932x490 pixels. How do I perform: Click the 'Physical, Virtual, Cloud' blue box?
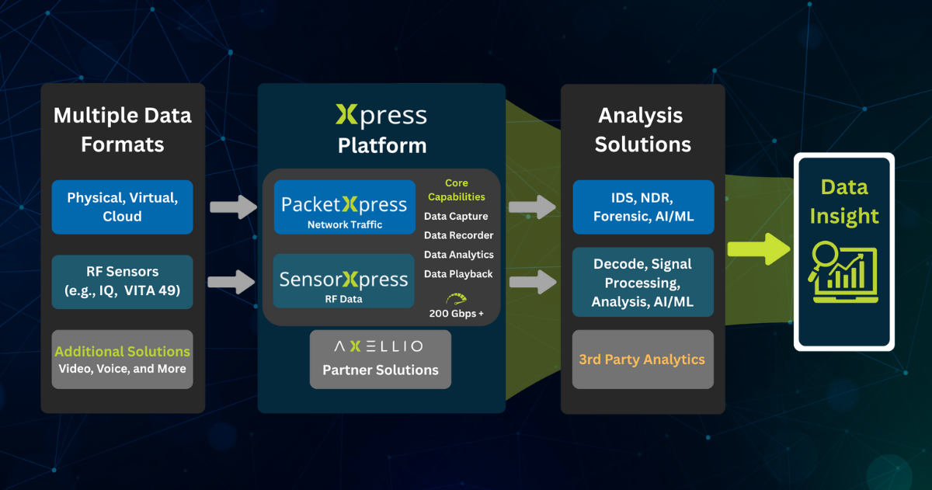pos(122,207)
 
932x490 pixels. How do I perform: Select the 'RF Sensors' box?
pos(122,281)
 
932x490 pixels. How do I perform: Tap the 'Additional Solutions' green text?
pos(122,352)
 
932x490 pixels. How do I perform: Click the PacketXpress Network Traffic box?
pos(344,207)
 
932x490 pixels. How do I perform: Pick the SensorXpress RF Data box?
pos(344,281)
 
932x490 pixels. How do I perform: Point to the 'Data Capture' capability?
pos(456,216)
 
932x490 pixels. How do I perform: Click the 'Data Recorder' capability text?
pos(458,235)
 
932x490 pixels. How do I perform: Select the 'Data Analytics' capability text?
pos(458,255)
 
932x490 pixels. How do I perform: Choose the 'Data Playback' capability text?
pos(458,274)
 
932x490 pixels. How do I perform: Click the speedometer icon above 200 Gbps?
pos(457,298)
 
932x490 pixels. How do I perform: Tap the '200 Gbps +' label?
pos(457,314)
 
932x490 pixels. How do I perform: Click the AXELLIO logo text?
pos(379,346)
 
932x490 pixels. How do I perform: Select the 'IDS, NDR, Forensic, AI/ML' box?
pos(642,207)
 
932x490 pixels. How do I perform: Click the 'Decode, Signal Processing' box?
pos(642,282)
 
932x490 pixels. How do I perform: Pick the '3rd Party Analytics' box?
pos(642,360)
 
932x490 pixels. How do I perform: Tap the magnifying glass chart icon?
pos(843,273)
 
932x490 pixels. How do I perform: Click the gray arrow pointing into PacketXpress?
pos(232,207)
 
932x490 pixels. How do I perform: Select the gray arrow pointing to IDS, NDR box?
pos(533,207)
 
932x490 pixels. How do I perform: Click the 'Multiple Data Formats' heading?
pos(122,130)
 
